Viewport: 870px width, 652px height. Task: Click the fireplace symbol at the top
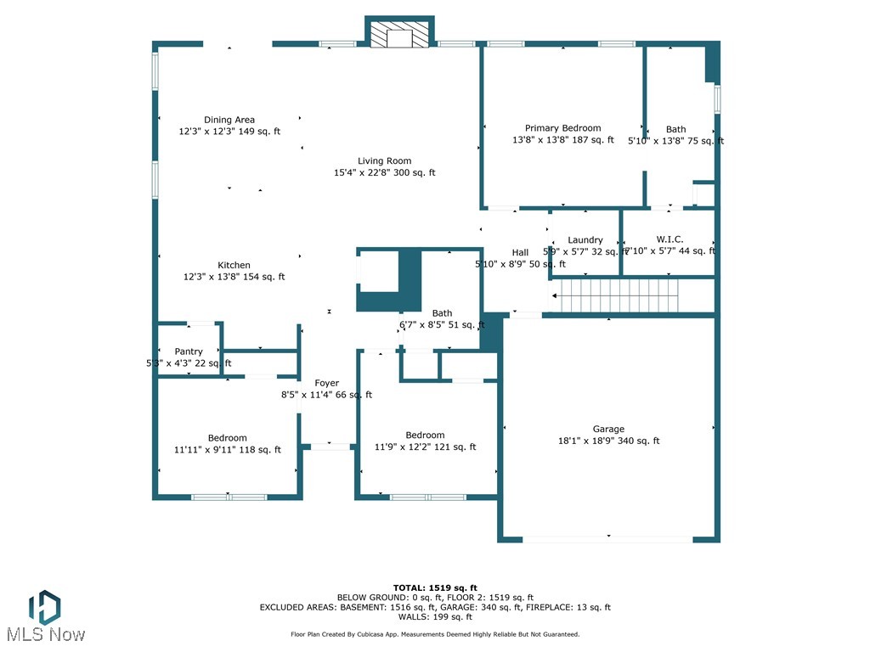click(x=399, y=34)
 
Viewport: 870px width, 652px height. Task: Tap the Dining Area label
click(x=229, y=120)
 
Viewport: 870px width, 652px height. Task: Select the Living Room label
click(x=384, y=160)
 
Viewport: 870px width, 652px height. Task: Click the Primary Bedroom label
click(x=562, y=128)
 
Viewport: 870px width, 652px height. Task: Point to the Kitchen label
click(x=234, y=265)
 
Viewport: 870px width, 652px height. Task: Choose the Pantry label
click(x=189, y=351)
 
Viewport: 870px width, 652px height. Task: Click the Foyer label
click(x=327, y=383)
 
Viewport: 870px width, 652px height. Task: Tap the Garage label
click(x=608, y=429)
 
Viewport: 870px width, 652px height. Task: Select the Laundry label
click(x=585, y=240)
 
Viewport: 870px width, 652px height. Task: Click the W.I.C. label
click(x=669, y=239)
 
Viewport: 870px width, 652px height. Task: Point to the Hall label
click(x=520, y=252)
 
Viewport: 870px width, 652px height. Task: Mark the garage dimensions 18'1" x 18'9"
click(x=608, y=441)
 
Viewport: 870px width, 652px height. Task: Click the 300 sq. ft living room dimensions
click(x=384, y=172)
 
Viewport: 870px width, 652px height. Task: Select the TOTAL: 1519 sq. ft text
click(x=435, y=587)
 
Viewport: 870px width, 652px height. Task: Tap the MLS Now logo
click(x=44, y=615)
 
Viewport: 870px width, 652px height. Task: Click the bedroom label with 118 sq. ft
click(x=228, y=438)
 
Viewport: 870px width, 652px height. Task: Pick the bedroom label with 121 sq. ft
click(x=425, y=435)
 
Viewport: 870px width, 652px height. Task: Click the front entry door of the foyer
click(x=330, y=446)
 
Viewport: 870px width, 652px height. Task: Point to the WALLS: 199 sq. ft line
click(x=435, y=617)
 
